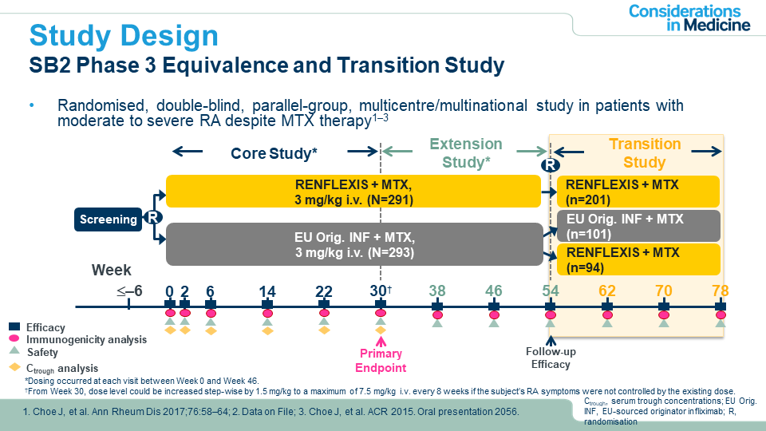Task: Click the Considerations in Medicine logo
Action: [689, 18]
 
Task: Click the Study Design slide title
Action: [124, 36]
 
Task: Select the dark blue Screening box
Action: [108, 219]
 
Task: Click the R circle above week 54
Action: [550, 164]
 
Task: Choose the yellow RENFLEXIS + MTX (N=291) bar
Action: [351, 192]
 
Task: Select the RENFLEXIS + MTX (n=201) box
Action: [638, 192]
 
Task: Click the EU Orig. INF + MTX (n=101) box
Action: [638, 226]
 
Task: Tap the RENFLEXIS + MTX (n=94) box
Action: [638, 260]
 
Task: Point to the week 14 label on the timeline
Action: [267, 291]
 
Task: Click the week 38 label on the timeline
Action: [437, 291]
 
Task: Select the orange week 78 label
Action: [721, 291]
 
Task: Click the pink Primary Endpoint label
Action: [381, 361]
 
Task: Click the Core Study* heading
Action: [274, 152]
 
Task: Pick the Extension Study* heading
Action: [466, 152]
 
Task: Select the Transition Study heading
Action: [645, 153]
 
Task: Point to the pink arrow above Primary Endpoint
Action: [381, 337]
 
